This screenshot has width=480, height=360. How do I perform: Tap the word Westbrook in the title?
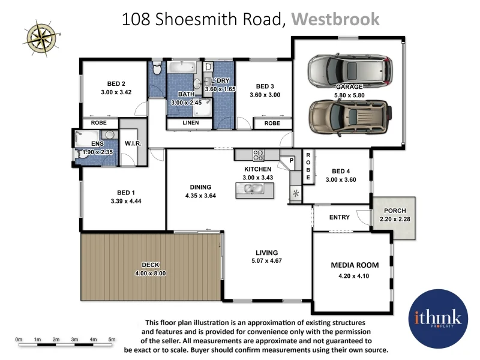[335, 19]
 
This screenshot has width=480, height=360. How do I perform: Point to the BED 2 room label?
[116, 83]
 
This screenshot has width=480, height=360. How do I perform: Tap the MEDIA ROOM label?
[355, 265]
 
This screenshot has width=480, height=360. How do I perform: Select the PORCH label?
[393, 211]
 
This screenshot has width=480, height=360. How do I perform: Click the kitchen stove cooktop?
[259, 155]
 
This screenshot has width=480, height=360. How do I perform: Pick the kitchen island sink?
[254, 190]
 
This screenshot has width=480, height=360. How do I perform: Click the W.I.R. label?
[133, 144]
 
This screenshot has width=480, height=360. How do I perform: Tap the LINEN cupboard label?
[190, 123]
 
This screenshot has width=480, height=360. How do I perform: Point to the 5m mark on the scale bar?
[112, 340]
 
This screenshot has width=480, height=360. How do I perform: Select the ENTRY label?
[340, 217]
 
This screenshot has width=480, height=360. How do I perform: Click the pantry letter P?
[292, 160]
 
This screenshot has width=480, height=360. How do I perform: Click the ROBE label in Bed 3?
[272, 123]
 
